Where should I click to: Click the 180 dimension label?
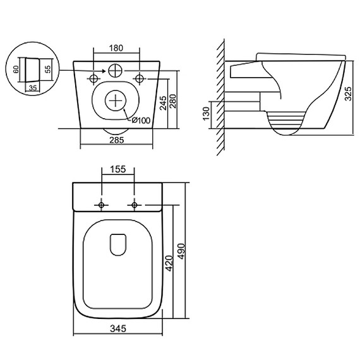click(116, 48)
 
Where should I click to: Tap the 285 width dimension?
click(117, 140)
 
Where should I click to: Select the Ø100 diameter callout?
click(141, 120)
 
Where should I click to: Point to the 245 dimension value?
click(163, 103)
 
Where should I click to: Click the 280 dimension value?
click(172, 101)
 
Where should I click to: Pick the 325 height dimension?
click(348, 93)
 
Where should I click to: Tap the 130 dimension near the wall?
click(206, 114)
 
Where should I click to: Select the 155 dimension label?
click(118, 169)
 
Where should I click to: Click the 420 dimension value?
click(169, 263)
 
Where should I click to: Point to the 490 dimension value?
click(181, 251)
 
